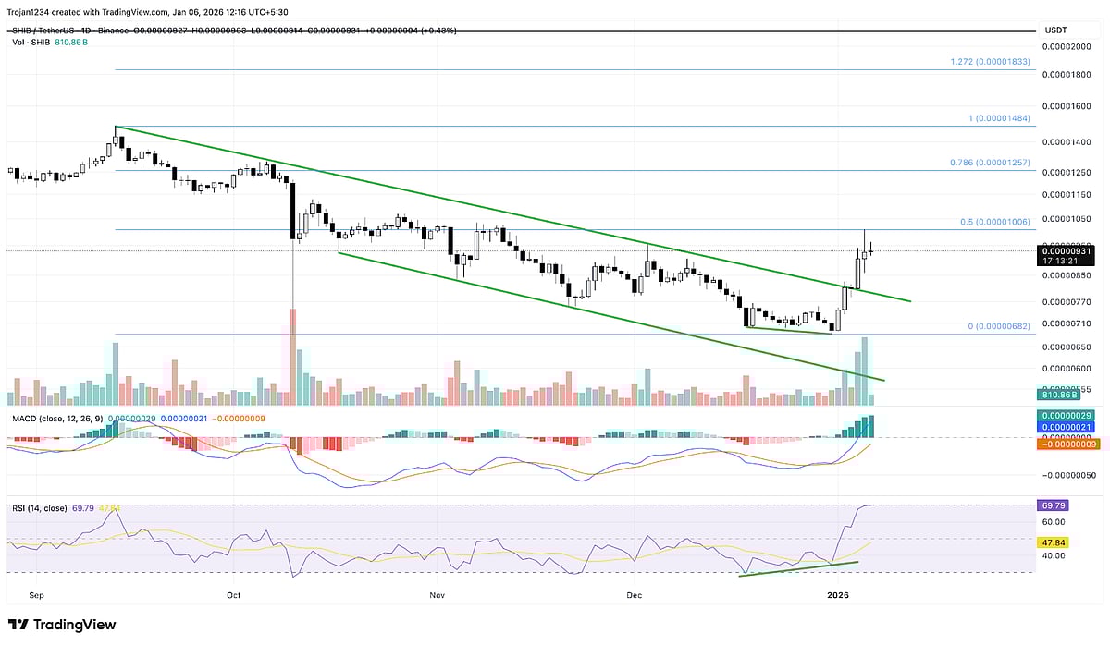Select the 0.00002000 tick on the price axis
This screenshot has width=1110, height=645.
[1068, 45]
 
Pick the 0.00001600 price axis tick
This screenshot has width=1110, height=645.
[1068, 106]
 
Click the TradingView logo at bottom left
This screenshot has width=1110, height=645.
[62, 625]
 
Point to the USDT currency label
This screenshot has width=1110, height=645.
[1055, 30]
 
